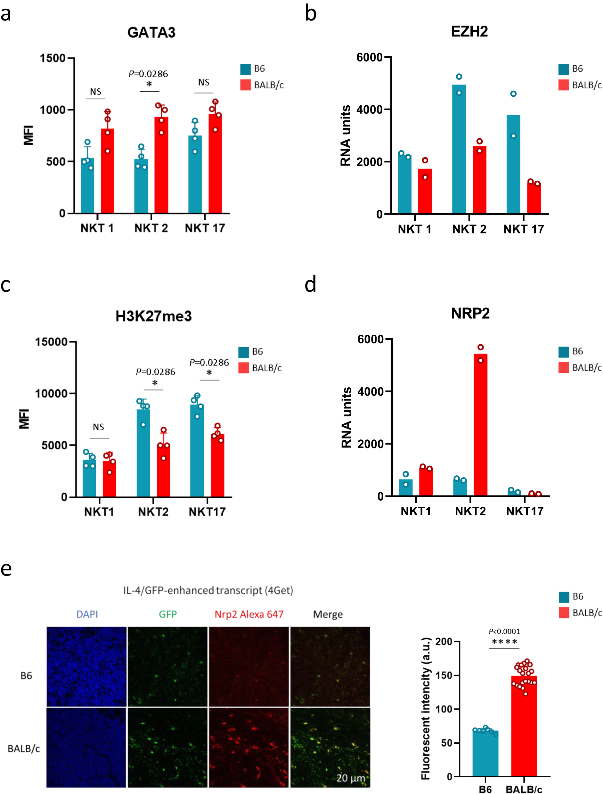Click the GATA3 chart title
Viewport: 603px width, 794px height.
pyautogui.click(x=151, y=33)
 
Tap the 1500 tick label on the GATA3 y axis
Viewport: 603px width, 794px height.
pyautogui.click(x=53, y=58)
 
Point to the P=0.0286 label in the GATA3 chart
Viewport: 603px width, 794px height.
pyautogui.click(x=148, y=74)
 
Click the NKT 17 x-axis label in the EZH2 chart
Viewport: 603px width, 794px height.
pyautogui.click(x=523, y=229)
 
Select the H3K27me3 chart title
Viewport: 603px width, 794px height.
pyautogui.click(x=153, y=316)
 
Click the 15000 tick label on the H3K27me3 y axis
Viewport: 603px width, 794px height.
pyautogui.click(x=51, y=342)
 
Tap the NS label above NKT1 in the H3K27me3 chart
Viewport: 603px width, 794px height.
pyautogui.click(x=98, y=427)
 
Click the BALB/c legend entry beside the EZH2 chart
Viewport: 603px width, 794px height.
pyautogui.click(x=586, y=85)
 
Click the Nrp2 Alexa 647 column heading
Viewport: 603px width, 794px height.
pyautogui.click(x=249, y=614)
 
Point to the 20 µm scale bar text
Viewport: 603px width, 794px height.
pyautogui.click(x=350, y=778)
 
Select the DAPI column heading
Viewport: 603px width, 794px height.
pyautogui.click(x=87, y=614)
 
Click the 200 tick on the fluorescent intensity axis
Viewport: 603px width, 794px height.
pyautogui.click(x=444, y=642)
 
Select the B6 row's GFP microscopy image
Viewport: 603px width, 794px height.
pyautogui.click(x=167, y=667)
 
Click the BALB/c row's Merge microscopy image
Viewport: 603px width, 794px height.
pyautogui.click(x=330, y=747)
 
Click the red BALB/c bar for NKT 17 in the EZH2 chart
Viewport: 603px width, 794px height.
pyautogui.click(x=534, y=199)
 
